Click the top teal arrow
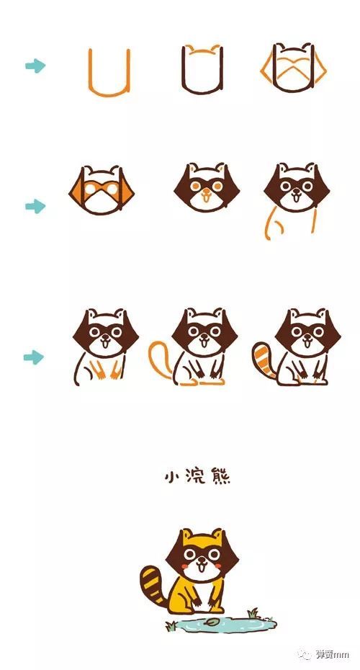[x=35, y=66]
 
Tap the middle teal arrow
[x=35, y=206]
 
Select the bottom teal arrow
[x=34, y=357]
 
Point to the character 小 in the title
[x=172, y=477]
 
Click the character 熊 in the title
[x=220, y=477]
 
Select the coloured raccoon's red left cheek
[x=184, y=566]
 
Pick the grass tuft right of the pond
[x=253, y=613]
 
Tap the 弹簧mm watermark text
[x=332, y=653]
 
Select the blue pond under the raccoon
[x=221, y=624]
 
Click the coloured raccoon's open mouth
[x=201, y=568]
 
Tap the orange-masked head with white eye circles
[x=102, y=190]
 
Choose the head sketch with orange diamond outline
[x=293, y=68]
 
